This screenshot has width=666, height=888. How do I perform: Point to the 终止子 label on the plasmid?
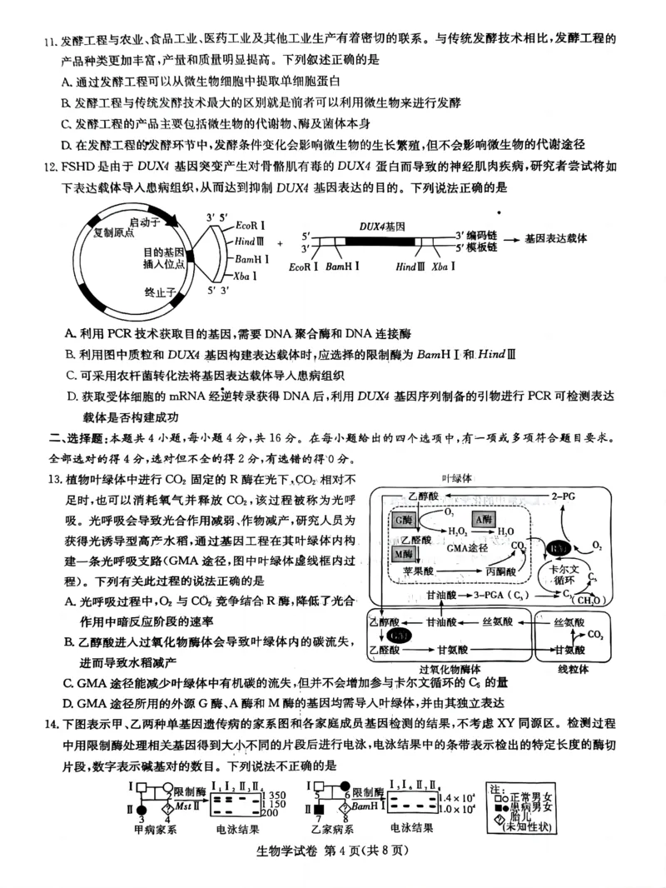point(160,292)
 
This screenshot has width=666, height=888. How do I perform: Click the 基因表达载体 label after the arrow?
point(556,237)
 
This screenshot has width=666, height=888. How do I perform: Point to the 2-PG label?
point(565,496)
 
